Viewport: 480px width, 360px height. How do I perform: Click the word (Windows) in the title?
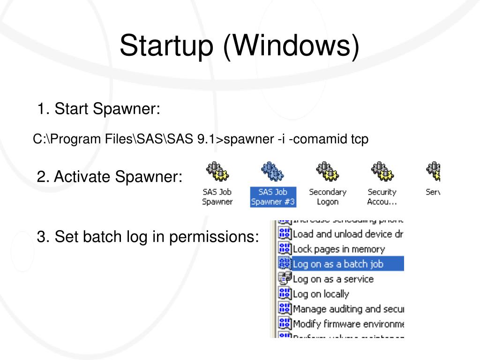(x=291, y=46)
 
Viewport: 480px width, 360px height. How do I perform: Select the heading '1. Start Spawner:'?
(x=98, y=109)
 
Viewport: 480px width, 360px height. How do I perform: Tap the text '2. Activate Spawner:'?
(x=109, y=177)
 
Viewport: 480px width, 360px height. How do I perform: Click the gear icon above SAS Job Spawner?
(x=217, y=172)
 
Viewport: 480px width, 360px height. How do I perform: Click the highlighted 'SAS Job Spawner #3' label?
(x=273, y=197)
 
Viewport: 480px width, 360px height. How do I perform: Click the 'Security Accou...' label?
(x=382, y=197)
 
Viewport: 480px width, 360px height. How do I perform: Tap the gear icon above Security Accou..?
(x=382, y=172)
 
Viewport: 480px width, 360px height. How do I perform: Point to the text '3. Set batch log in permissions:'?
(x=148, y=237)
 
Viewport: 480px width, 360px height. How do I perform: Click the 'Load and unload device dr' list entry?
(x=347, y=234)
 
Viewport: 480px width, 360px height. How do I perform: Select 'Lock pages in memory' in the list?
(x=338, y=249)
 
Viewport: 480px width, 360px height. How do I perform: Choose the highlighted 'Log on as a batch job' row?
(x=337, y=264)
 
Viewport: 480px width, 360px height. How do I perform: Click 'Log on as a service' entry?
(x=333, y=279)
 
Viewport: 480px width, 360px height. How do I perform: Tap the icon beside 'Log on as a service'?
(x=285, y=279)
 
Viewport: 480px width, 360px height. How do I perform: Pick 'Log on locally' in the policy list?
(x=321, y=294)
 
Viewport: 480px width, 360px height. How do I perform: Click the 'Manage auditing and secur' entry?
(x=348, y=309)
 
